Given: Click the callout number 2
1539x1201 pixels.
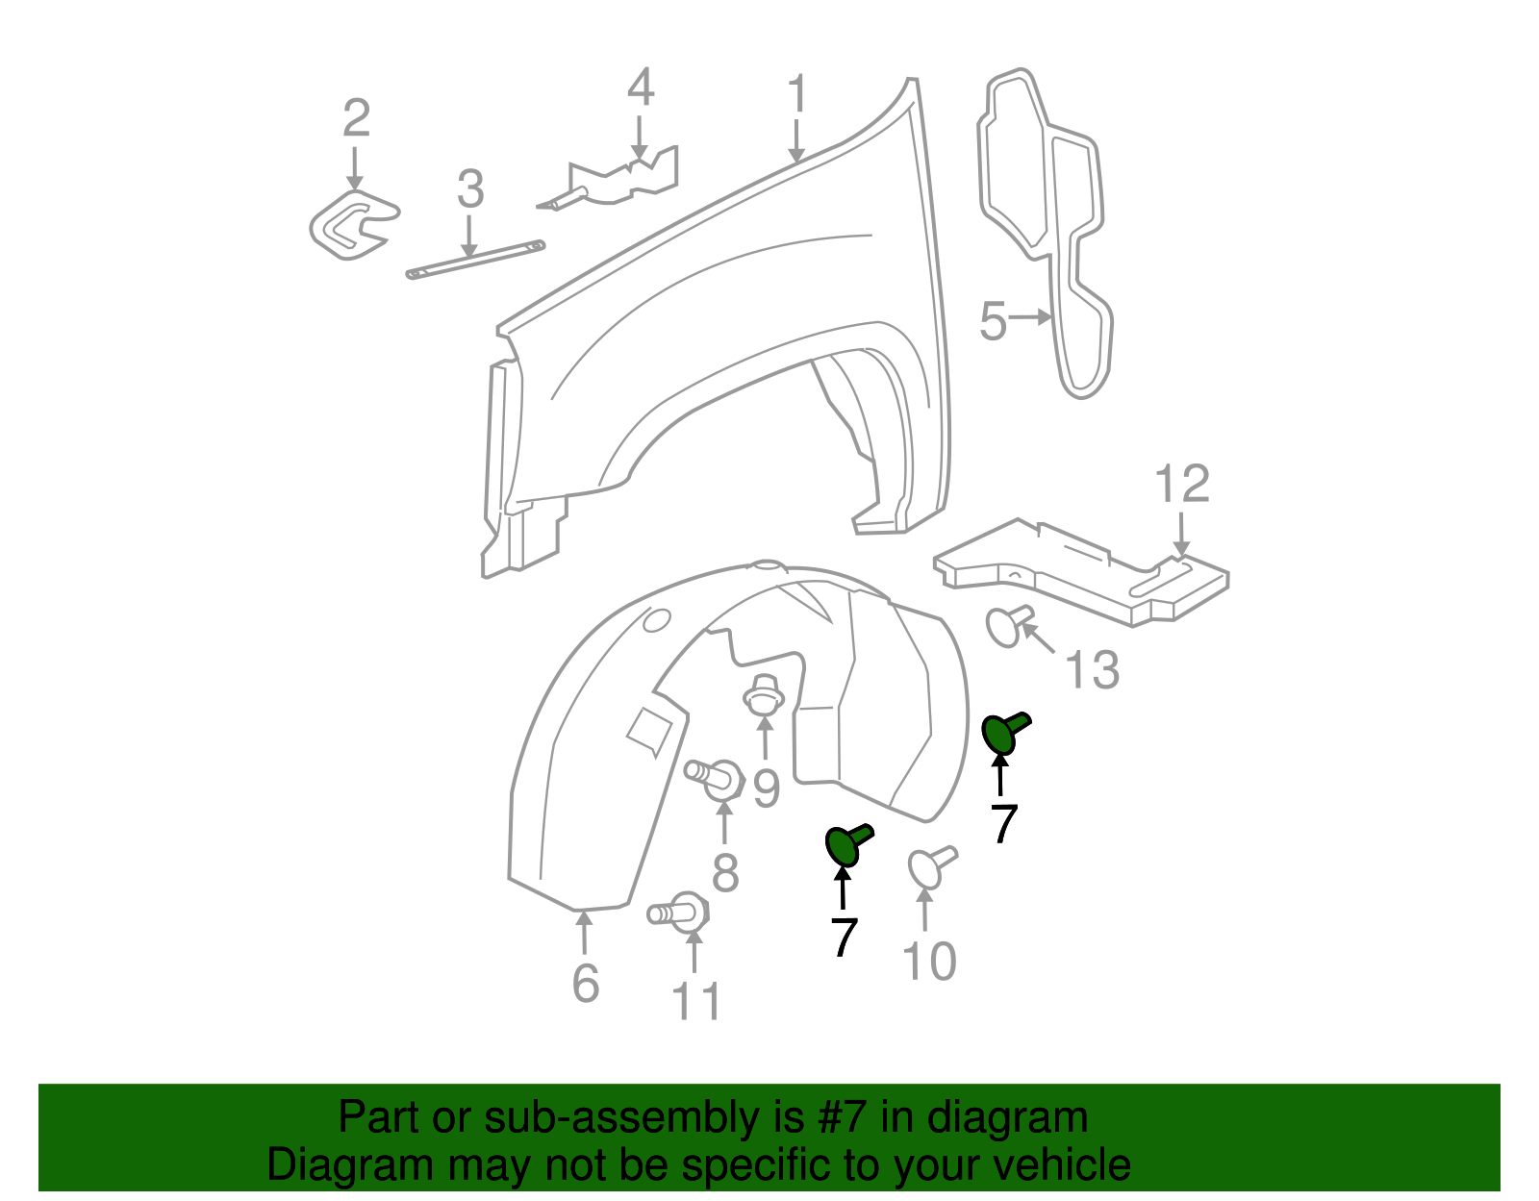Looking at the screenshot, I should coord(356,118).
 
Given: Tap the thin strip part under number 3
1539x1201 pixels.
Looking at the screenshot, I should coord(475,261).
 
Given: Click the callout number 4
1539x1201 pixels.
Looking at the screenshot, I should coord(641,88).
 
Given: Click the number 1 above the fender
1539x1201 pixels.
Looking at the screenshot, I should coord(796,96).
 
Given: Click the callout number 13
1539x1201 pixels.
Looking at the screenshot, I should coord(1093,669).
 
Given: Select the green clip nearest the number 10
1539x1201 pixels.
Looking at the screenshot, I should coord(846,843).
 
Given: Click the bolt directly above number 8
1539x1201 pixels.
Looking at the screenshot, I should coord(714,776).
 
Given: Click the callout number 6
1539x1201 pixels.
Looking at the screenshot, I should coord(585,983).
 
